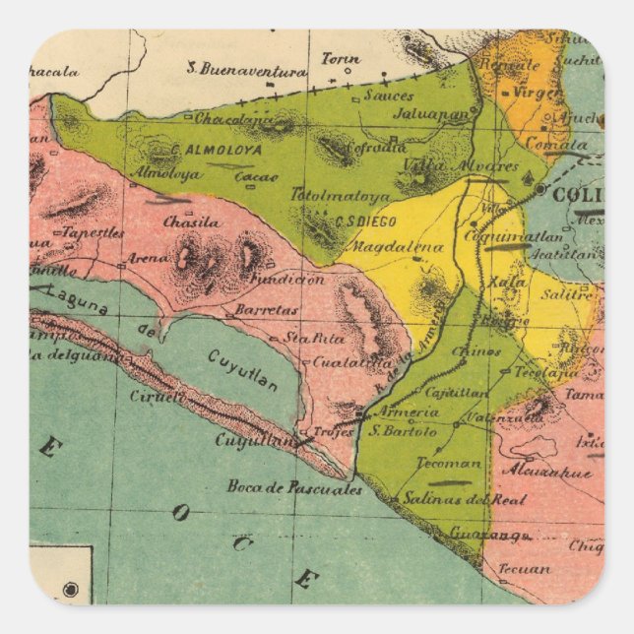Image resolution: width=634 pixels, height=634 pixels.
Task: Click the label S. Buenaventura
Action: (x=247, y=70)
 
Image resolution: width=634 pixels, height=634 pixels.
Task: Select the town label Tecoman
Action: (x=450, y=463)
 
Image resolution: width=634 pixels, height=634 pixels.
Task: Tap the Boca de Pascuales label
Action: (x=294, y=486)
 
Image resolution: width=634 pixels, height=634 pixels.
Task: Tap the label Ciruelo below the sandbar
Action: (x=156, y=396)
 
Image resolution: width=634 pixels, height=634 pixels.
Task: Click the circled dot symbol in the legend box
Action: (x=70, y=590)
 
